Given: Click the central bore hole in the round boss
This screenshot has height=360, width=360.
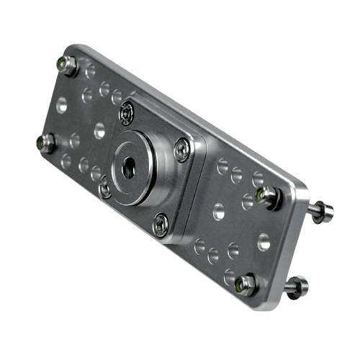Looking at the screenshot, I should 129,168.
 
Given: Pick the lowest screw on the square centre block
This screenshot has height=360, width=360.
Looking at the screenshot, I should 160,225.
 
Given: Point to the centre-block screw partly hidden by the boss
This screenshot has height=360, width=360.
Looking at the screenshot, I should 104,187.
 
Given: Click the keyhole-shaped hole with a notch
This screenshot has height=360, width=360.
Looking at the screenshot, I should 264,243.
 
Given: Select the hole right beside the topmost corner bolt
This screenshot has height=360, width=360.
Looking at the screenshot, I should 89,72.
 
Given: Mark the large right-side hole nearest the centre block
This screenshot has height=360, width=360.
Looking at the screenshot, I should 217,212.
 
